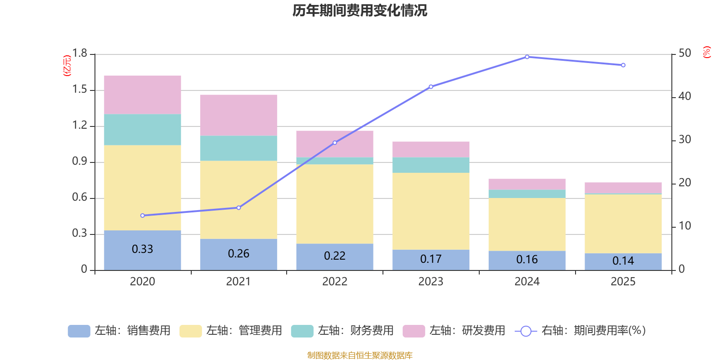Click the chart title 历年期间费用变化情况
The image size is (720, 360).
pyautogui.click(x=360, y=10)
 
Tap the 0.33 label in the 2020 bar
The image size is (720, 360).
pyautogui.click(x=142, y=249)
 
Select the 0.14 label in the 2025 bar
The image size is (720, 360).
pyautogui.click(x=623, y=261)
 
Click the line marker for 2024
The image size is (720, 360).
pyautogui.click(x=527, y=57)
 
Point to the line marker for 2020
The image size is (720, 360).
pyautogui.click(x=143, y=216)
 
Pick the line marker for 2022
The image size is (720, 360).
pyautogui.click(x=335, y=143)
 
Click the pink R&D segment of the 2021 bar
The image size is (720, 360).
pyautogui.click(x=238, y=115)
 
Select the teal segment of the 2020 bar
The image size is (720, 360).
pyautogui.click(x=143, y=130)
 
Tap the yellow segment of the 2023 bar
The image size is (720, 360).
pyautogui.click(x=431, y=211)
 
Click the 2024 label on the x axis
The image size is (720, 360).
pyautogui.click(x=527, y=282)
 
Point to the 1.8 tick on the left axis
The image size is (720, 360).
pyautogui.click(x=80, y=54)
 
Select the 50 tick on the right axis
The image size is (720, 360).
pyautogui.click(x=684, y=54)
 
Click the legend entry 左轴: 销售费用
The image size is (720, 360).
pyautogui.click(x=119, y=331)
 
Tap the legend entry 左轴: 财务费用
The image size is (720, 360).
pyautogui.click(x=342, y=331)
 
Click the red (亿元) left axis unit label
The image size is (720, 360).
pyautogui.click(x=67, y=66)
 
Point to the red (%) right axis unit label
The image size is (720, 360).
pyautogui.click(x=706, y=52)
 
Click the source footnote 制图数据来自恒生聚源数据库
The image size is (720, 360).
pyautogui.click(x=360, y=355)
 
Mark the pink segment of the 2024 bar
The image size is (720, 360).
pyautogui.click(x=527, y=184)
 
